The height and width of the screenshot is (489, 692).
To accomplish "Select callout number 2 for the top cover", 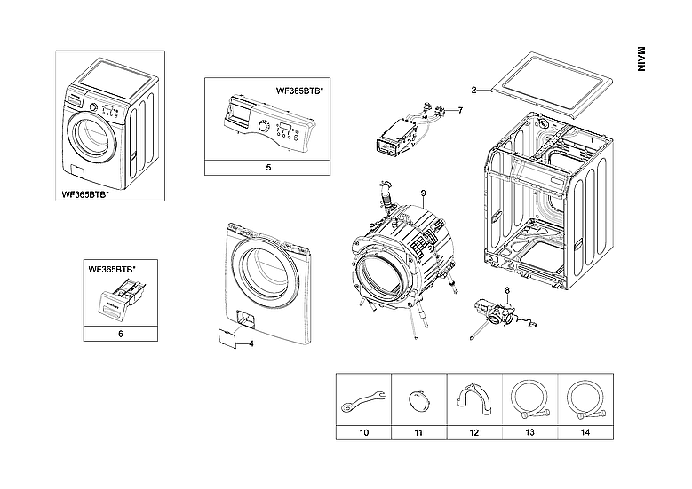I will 473,90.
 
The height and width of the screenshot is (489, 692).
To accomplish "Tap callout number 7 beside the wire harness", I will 461,110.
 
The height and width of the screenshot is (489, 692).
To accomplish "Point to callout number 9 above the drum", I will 424,193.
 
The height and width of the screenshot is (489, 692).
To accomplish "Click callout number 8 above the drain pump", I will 507,290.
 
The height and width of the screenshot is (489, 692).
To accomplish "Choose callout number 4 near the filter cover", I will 251,343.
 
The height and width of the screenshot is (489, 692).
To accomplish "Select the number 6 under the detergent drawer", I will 120,335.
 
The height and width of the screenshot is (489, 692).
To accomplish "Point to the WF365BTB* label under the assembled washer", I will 85,194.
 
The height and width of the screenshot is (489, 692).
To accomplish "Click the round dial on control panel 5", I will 263,128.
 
